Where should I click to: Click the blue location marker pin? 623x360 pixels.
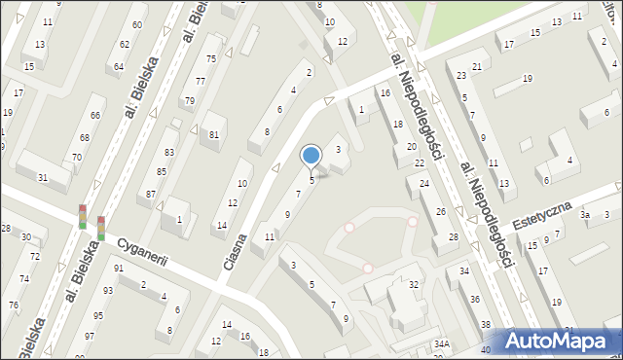311,156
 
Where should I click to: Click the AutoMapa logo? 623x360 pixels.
561,341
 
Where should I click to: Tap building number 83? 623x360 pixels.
169,153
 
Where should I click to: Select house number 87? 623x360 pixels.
151,195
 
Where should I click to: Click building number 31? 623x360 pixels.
43,176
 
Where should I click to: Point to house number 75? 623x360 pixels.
210,59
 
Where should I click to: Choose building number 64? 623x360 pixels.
119,66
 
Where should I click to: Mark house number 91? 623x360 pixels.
119,269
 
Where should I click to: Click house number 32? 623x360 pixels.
414,285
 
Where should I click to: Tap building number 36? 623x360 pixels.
475,300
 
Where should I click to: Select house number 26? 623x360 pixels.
440,211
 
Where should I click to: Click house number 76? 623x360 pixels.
14,306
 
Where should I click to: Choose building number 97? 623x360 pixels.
89,336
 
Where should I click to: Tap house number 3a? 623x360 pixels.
584,214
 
